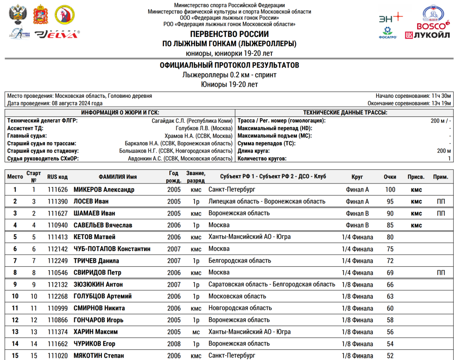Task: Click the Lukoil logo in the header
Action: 427,36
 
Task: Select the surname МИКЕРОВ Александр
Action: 104,190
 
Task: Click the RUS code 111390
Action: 57,202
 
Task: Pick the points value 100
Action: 390,190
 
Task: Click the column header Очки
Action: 390,177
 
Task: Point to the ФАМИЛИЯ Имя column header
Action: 118,177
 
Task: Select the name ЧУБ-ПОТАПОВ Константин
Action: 112,249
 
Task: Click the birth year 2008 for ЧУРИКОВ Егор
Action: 174,344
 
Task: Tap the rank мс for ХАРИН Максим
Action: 196,332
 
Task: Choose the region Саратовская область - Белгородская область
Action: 271,284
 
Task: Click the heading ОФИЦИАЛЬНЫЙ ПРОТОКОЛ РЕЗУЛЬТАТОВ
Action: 229,65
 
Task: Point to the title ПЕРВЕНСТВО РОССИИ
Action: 229,34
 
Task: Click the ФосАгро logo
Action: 387,33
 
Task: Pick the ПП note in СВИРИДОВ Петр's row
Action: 441,272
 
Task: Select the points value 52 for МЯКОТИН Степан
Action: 390,356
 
